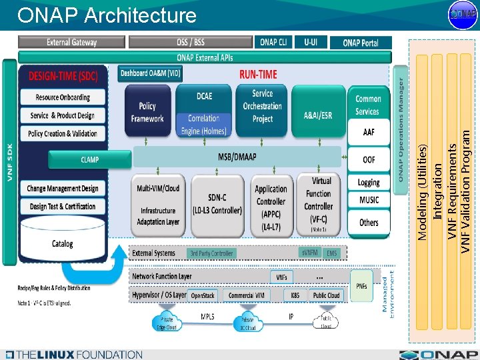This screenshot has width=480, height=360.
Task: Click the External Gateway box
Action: coord(72,42)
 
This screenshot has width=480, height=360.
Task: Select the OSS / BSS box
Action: coord(191,42)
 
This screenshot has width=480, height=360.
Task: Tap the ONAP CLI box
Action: coord(273,42)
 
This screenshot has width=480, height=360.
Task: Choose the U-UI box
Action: coord(311,42)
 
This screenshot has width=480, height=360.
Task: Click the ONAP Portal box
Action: coord(361,43)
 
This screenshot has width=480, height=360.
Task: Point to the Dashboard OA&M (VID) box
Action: coord(150,73)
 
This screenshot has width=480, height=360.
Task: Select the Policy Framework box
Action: coord(147,112)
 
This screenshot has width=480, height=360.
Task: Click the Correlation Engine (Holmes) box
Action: coord(204,125)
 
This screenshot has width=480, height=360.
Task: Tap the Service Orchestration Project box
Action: coord(263,106)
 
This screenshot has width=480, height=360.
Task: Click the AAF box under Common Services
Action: coord(369,133)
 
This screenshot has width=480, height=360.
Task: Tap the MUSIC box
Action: coord(369,200)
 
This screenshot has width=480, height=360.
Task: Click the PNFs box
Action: coord(361,286)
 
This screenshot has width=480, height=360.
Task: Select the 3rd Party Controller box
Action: coord(212,253)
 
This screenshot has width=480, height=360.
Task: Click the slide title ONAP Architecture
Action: coord(107,15)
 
